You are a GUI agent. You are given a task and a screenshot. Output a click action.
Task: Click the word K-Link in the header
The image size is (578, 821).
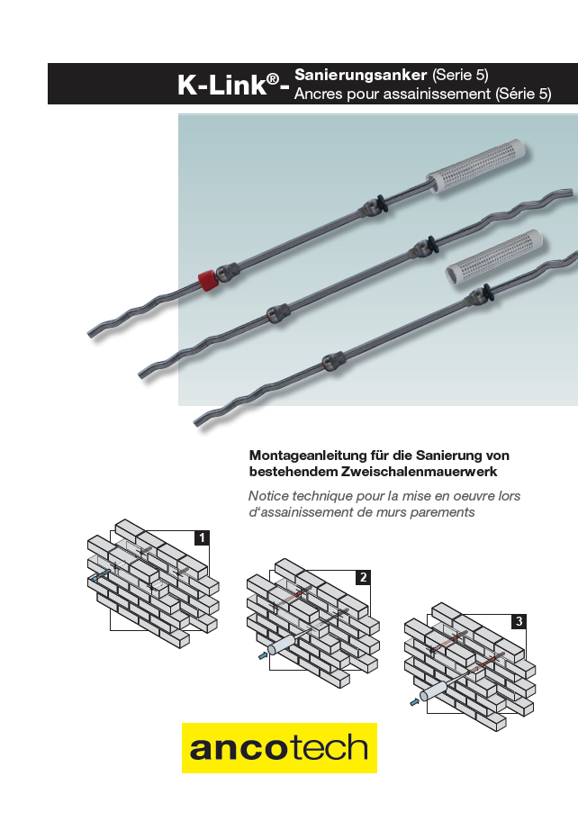point(222,85)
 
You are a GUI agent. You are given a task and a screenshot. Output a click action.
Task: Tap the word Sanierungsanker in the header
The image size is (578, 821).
point(361,75)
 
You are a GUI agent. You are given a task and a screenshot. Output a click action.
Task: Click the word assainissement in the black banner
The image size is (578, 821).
point(438,95)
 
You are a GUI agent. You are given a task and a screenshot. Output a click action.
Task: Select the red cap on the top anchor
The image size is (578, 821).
point(207,280)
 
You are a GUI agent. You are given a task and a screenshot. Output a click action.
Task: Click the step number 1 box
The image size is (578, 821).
point(202,537)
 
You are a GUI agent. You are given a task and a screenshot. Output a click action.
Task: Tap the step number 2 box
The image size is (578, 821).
point(363,577)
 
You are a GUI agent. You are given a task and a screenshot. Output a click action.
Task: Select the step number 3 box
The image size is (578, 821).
point(519,621)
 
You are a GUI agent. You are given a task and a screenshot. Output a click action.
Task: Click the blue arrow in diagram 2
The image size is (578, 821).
point(263,655)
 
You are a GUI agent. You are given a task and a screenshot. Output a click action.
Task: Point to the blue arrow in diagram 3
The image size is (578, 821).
point(415,701)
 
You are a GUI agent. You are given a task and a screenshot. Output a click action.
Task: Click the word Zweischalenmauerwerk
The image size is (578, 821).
point(419,471)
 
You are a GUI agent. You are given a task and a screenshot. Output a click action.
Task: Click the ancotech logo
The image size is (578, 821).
point(279,748)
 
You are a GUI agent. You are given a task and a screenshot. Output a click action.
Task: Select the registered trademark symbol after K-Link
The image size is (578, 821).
point(272,79)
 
